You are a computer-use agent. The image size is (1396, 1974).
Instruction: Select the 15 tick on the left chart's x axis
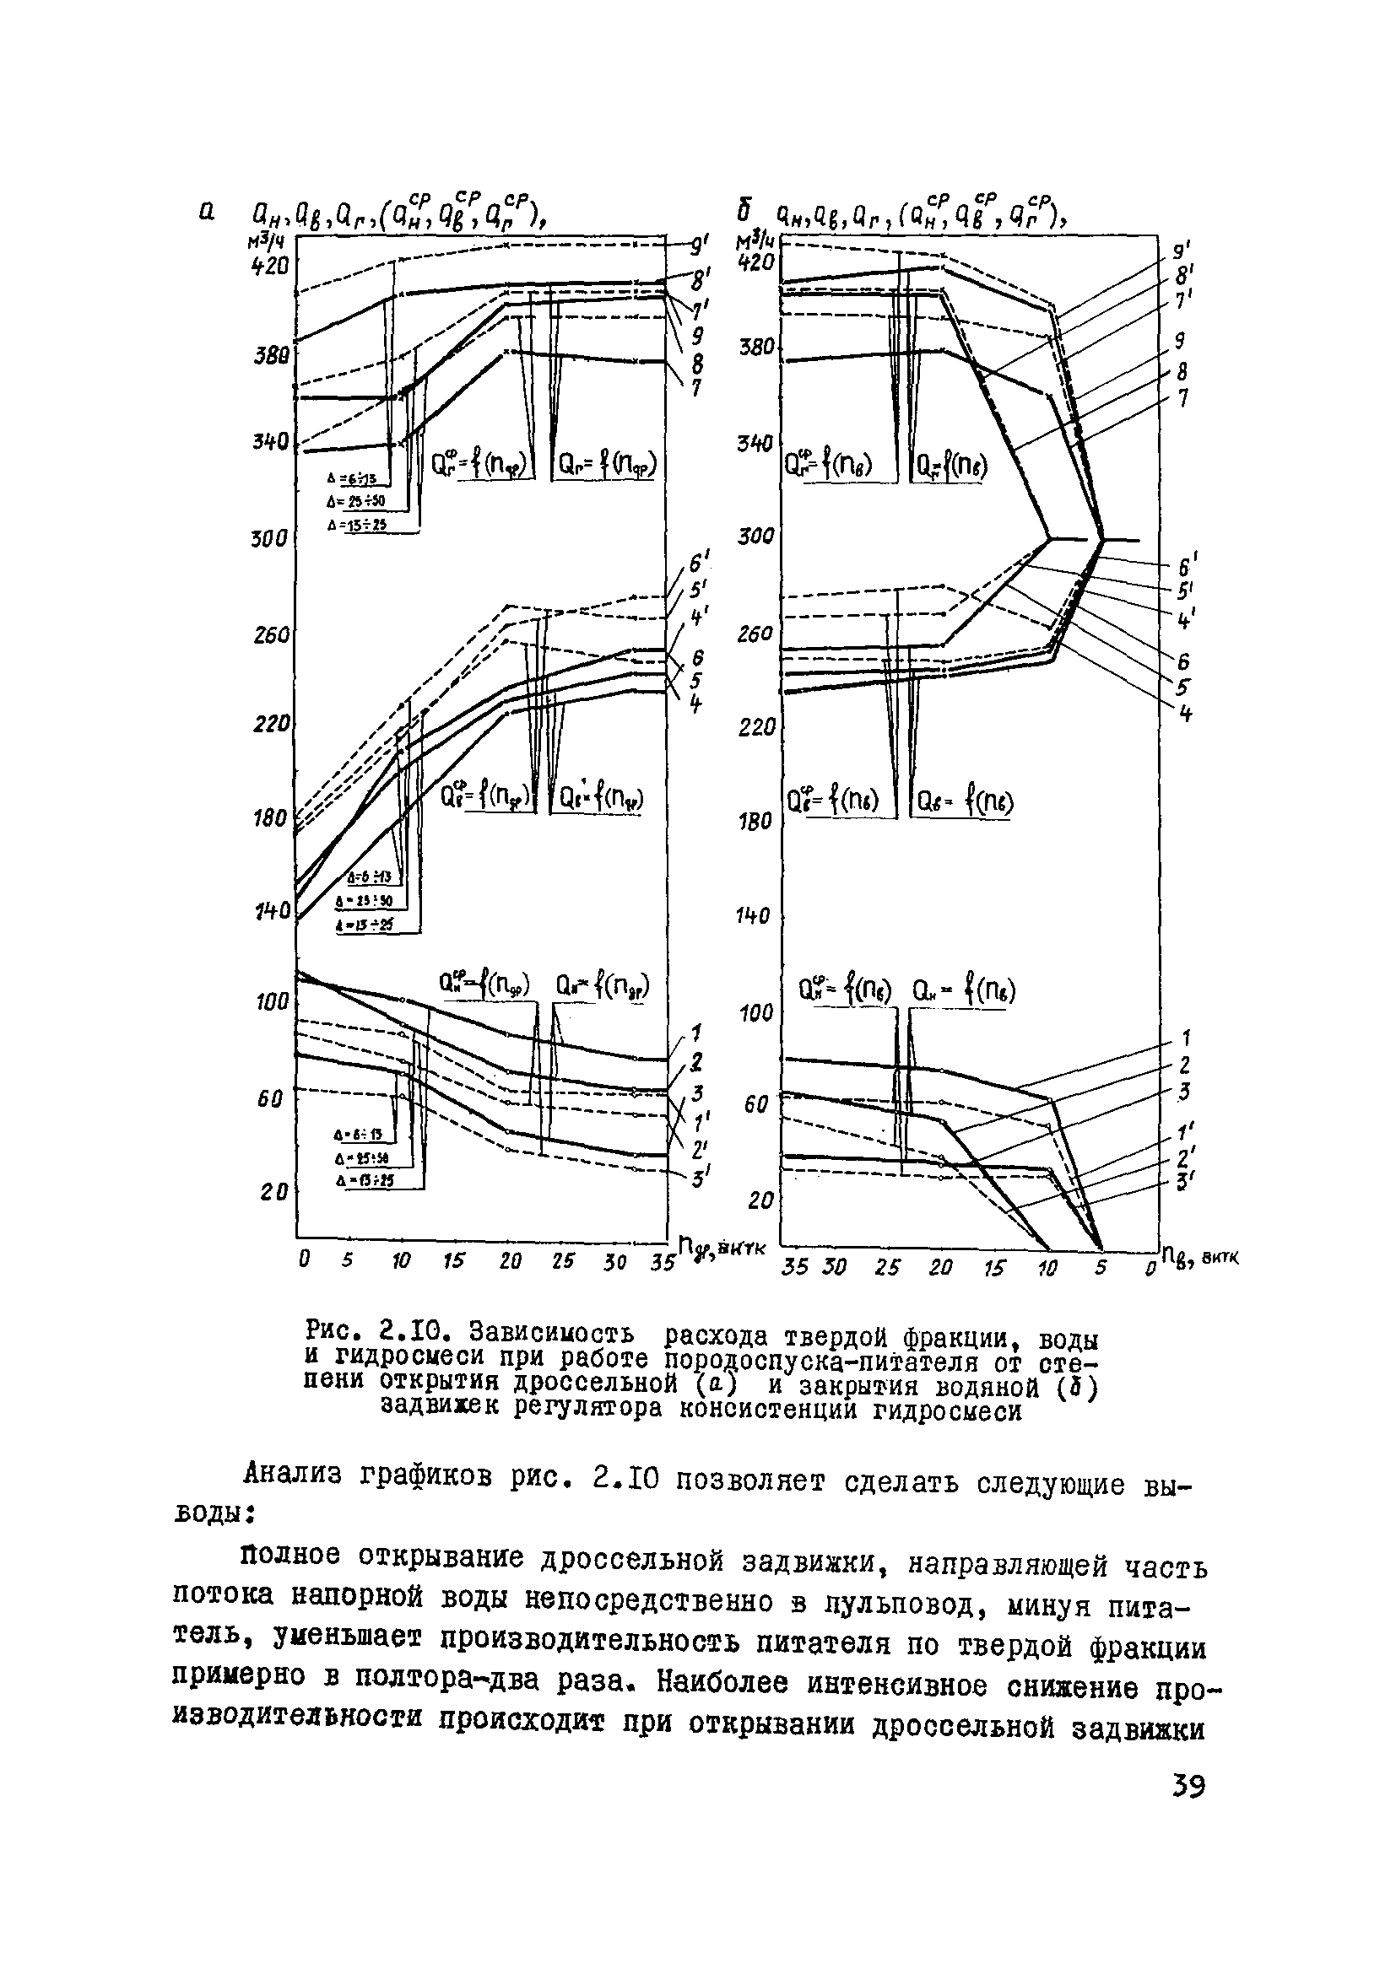coord(454,1260)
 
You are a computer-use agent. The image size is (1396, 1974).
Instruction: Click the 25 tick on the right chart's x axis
coord(887,1268)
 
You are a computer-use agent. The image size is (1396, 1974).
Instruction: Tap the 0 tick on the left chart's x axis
coord(303,1259)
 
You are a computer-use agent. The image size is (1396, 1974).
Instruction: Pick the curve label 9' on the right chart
coord(1182,251)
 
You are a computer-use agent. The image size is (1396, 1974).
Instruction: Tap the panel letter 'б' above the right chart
coord(746,210)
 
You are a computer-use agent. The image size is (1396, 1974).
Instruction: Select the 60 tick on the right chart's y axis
coord(755,1104)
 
